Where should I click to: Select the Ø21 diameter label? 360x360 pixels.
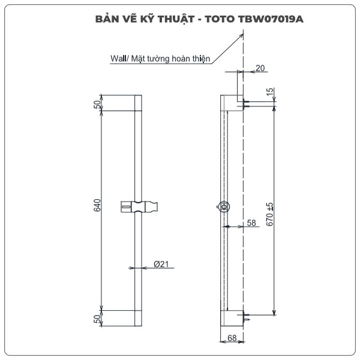(x=160, y=265)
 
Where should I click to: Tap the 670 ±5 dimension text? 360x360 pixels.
(x=269, y=214)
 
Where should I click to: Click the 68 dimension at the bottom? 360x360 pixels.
(x=232, y=338)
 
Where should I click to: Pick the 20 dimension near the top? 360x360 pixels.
(x=259, y=68)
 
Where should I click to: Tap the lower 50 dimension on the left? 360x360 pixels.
(x=97, y=319)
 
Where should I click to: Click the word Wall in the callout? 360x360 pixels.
(x=118, y=59)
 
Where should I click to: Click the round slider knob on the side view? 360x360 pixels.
(x=224, y=208)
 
